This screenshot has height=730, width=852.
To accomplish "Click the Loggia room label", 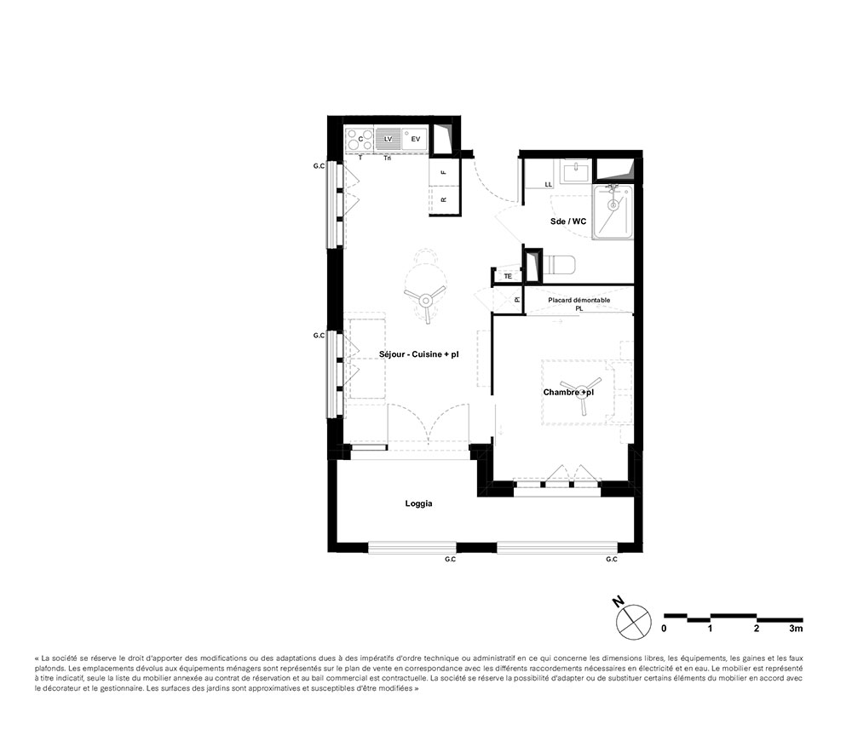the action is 418,503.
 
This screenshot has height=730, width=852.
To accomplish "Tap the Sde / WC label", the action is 567,221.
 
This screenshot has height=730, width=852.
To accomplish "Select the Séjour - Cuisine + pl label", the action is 419,354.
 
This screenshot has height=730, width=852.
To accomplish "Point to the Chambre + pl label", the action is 568,392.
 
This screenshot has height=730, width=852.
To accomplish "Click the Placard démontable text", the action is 579,300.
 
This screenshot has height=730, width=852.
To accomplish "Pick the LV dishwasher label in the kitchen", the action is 388,139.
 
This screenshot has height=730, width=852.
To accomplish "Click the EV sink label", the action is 416,139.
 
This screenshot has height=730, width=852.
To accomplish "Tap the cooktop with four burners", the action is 360,140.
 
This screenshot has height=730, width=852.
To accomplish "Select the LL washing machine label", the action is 548,185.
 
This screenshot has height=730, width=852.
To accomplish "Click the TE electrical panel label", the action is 508,277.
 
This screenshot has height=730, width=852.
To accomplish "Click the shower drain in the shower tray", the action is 613,205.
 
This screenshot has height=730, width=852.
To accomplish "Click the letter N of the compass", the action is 618,601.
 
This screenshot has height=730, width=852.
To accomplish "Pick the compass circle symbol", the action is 634,621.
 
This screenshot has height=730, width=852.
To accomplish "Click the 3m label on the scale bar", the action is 796,629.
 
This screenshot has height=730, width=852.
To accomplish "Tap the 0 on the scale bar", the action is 664,629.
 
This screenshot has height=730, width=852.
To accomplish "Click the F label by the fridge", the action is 444,172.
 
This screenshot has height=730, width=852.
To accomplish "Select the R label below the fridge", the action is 444,200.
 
